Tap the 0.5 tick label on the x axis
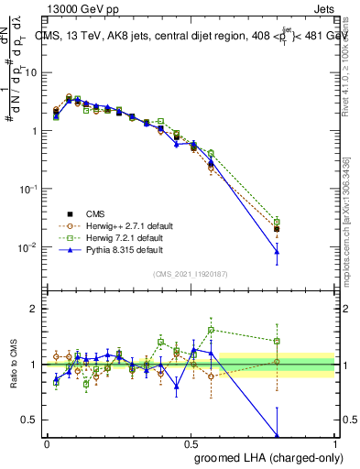(x=191, y=442)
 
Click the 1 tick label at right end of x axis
(x=334, y=442)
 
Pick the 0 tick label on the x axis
(x=47, y=442)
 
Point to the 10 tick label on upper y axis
(x=30, y=71)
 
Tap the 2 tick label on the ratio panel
(x=33, y=310)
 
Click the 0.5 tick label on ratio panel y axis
(x=29, y=420)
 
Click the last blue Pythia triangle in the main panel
(x=277, y=252)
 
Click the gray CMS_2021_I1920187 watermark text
(x=191, y=273)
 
